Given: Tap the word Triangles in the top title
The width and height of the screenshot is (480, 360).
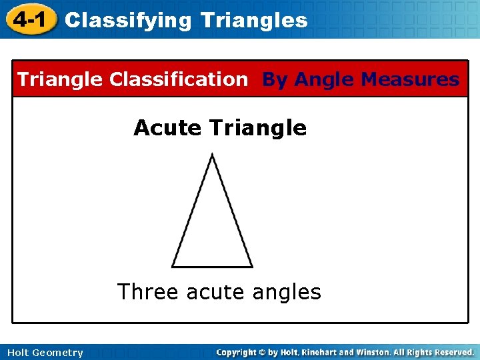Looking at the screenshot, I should click(x=253, y=21).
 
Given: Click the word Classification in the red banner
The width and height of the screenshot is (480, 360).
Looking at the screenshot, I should click(x=178, y=80).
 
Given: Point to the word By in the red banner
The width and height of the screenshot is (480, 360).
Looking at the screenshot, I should click(x=275, y=80).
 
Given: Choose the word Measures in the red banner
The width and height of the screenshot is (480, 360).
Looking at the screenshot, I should click(x=409, y=80).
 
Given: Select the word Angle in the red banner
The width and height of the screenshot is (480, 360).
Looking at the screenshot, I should click(x=324, y=80).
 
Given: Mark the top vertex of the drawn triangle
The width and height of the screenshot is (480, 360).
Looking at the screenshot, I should click(x=211, y=155).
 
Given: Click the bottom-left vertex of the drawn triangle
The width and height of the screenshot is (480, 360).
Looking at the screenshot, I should click(x=172, y=267).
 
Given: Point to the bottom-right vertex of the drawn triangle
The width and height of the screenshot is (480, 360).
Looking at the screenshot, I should click(x=253, y=267).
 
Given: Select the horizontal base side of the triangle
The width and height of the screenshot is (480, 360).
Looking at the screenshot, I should click(x=212, y=267).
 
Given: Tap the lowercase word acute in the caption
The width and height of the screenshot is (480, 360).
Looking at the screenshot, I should click(x=215, y=293).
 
